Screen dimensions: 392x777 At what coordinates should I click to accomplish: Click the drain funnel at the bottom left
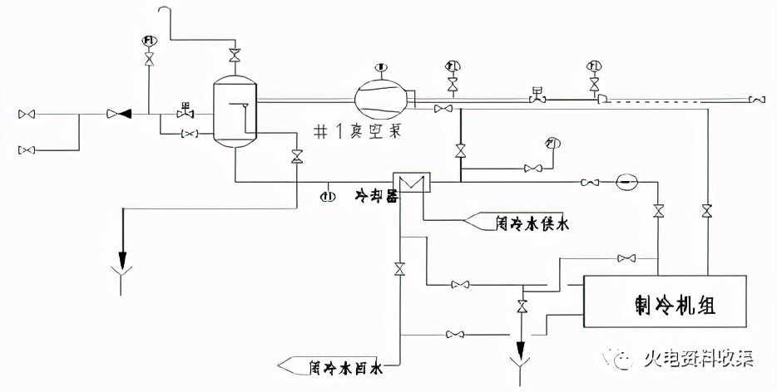pos(122,280)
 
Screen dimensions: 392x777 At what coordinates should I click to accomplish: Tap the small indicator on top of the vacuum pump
pos(382,66)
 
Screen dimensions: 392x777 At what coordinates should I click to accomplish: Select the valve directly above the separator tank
pos(235,55)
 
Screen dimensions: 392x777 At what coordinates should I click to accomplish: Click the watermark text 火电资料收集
pos(697,360)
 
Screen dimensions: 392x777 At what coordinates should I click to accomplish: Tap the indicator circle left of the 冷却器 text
pos(329,196)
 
